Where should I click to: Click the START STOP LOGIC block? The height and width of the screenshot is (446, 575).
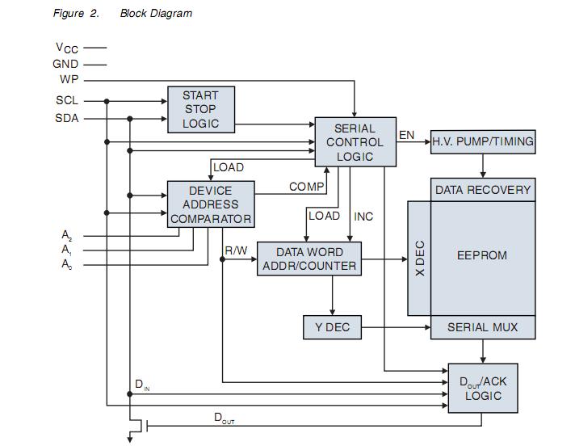click(200, 110)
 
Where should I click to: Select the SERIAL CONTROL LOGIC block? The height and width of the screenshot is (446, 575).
click(355, 142)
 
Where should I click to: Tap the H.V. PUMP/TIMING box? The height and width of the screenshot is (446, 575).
click(482, 141)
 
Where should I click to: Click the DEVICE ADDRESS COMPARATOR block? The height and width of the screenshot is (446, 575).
click(210, 205)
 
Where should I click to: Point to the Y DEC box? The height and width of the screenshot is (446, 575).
click(332, 327)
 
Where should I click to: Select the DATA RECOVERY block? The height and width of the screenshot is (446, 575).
click(482, 190)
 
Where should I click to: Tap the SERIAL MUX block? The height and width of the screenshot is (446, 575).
click(482, 327)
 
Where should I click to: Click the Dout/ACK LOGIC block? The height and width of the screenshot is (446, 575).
click(482, 389)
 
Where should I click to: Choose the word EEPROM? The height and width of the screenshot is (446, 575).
click(482, 255)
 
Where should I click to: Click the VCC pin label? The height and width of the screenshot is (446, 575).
click(66, 48)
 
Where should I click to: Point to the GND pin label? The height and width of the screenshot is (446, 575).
click(66, 64)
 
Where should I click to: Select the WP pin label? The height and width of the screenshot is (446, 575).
click(69, 79)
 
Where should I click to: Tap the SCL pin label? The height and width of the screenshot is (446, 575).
click(67, 101)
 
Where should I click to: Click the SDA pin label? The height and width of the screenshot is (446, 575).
click(67, 118)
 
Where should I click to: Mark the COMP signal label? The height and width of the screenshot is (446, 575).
click(307, 187)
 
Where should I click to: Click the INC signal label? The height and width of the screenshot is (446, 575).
click(363, 217)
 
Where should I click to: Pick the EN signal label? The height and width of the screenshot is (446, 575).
click(407, 135)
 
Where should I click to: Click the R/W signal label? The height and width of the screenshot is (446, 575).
click(236, 251)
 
